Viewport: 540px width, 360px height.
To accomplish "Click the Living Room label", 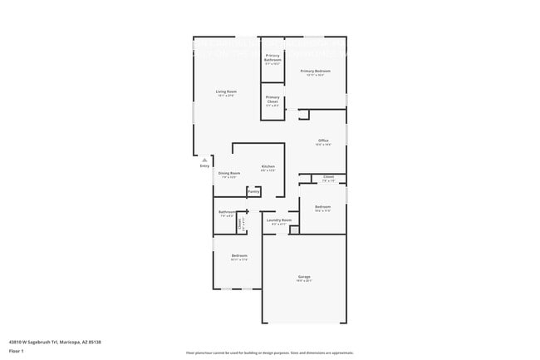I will pyautogui.click(x=226, y=91).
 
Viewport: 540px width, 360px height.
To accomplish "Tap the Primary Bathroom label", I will pyautogui.click(x=272, y=58).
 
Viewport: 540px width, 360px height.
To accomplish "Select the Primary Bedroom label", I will pyautogui.click(x=316, y=72).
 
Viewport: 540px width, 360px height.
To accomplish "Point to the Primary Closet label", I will pyautogui.click(x=272, y=99).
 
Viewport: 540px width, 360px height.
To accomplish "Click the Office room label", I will pyautogui.click(x=323, y=141).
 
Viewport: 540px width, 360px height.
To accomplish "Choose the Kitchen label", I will pyautogui.click(x=268, y=167).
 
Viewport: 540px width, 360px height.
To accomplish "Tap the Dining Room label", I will pyautogui.click(x=229, y=173).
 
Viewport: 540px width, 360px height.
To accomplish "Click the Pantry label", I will pyautogui.click(x=253, y=191).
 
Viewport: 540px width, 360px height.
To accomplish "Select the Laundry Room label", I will pyautogui.click(x=279, y=220).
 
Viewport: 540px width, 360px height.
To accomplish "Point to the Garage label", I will pyautogui.click(x=304, y=276).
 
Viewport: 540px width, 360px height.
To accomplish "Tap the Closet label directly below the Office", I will pyautogui.click(x=328, y=177).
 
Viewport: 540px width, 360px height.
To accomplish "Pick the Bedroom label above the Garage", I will pyautogui.click(x=323, y=208).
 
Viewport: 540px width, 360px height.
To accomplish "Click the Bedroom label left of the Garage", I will pyautogui.click(x=239, y=255).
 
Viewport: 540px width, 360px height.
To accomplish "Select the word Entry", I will pyautogui.click(x=205, y=166).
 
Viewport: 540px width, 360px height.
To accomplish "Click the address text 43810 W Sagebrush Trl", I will pyautogui.click(x=32, y=341).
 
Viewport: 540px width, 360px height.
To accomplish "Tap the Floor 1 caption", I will pyautogui.click(x=16, y=351).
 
